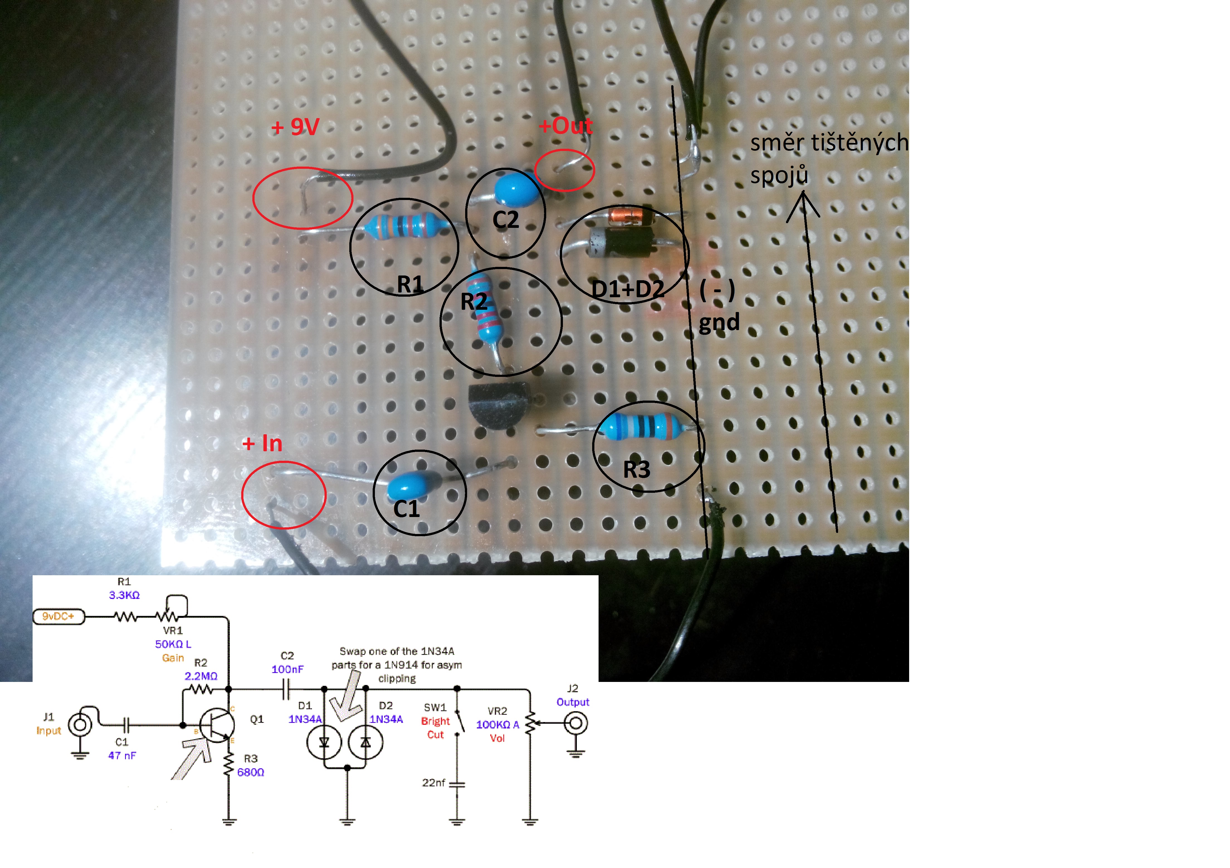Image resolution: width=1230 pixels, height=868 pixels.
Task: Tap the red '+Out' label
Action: [566, 126]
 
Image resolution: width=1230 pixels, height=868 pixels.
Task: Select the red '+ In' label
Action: [262, 444]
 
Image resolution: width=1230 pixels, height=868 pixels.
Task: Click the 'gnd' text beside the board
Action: [719, 323]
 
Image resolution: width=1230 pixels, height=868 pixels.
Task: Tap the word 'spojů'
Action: [778, 175]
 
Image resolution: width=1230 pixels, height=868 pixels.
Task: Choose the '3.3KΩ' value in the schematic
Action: [124, 595]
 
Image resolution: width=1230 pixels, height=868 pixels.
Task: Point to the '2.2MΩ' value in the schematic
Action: [201, 676]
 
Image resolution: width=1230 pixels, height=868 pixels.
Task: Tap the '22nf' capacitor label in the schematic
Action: [433, 783]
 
